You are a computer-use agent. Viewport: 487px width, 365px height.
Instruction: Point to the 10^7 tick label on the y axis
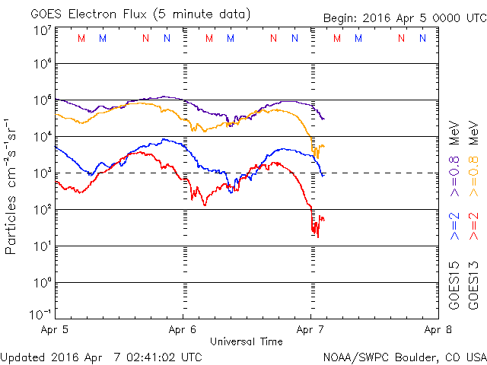coord(41,30)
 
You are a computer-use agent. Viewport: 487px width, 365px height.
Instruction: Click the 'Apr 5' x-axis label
coord(55,331)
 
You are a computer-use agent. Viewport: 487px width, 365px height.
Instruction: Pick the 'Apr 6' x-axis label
coord(183,331)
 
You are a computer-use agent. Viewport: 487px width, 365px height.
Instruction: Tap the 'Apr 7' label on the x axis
coord(310,331)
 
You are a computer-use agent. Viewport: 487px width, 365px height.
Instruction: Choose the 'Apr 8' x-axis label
coord(438,331)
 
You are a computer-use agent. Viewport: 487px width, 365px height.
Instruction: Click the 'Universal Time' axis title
coord(247,341)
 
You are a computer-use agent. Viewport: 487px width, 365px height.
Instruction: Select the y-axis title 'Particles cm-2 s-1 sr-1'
coord(13,186)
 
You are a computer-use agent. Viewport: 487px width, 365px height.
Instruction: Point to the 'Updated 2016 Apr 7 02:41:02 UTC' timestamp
coord(101,356)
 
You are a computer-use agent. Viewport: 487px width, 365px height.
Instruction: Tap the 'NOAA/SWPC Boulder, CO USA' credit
coord(404,356)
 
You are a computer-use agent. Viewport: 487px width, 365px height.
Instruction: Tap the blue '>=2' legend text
coord(454,226)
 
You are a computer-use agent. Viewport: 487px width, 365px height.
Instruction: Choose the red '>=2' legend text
coord(473,226)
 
